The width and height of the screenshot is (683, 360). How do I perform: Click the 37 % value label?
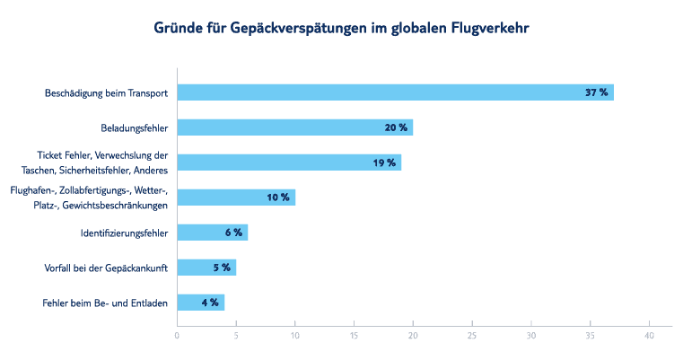(597, 92)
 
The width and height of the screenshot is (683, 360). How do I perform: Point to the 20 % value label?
(396, 127)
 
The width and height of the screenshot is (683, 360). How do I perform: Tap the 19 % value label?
(384, 162)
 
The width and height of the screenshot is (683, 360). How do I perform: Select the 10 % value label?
(278, 198)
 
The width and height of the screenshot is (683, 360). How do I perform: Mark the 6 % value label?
(233, 233)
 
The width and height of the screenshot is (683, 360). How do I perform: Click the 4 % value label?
(210, 303)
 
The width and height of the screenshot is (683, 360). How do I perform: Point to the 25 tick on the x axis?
(472, 337)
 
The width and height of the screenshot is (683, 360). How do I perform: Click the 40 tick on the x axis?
(649, 337)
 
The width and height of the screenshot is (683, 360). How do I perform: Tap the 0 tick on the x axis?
(177, 337)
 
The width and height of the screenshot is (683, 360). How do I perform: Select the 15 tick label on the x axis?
(354, 337)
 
